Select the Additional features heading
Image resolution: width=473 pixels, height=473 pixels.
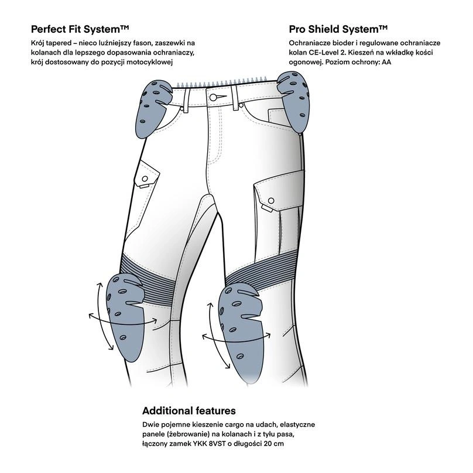click(189, 410)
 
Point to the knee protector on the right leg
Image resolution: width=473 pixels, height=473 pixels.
click(242, 323)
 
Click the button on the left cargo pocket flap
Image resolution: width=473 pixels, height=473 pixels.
click(142, 177)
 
